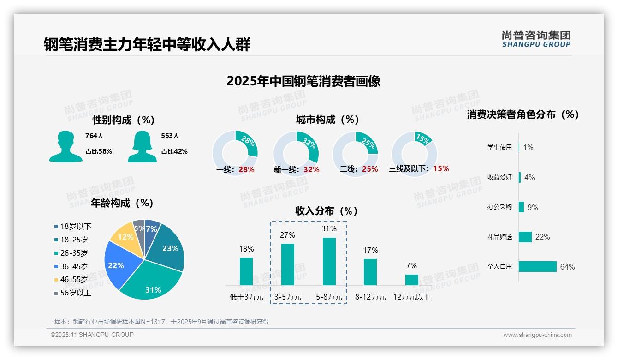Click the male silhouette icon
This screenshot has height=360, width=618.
point(65,146)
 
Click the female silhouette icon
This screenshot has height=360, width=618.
point(142,146)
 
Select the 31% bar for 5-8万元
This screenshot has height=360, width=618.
point(329,261)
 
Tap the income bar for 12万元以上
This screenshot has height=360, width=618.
point(411,280)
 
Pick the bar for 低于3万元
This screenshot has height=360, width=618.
point(246,271)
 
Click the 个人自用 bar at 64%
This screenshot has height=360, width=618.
point(538,266)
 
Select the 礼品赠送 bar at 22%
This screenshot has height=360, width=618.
point(525,237)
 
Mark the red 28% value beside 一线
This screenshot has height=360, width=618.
point(246,169)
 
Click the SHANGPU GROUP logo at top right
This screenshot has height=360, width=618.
point(536,39)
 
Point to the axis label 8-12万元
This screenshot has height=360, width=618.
point(370,297)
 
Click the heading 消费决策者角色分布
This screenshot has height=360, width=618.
point(523,114)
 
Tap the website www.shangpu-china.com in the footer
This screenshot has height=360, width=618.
point(537,335)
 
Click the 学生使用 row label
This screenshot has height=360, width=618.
point(499,147)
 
